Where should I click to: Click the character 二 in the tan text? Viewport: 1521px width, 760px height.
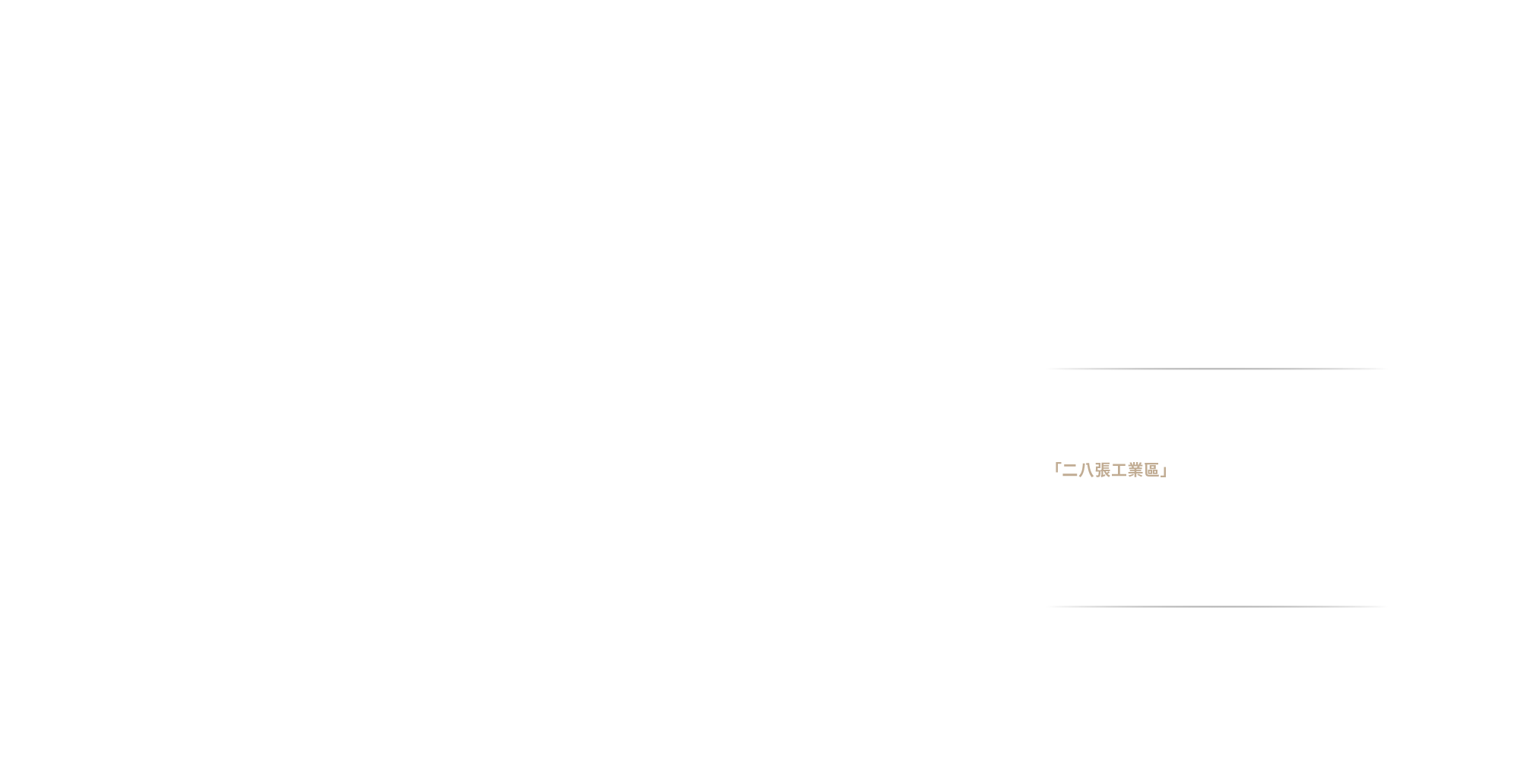click(1070, 470)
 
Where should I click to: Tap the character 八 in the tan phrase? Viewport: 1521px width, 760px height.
click(1086, 470)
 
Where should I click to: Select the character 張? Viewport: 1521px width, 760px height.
click(1103, 470)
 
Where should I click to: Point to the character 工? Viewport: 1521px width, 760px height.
click(1119, 470)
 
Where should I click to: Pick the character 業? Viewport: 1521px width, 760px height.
click(1135, 470)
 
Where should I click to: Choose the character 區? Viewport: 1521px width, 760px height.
click(1151, 470)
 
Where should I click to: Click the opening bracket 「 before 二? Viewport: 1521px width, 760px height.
click(1056, 467)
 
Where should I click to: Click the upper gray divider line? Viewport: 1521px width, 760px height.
click(1217, 369)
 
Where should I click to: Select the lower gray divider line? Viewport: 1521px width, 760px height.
click(1217, 606)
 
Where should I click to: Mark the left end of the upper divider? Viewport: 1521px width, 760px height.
click(1047, 369)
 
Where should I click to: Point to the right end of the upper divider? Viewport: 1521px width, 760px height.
click(1386, 369)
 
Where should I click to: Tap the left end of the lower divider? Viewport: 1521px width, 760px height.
click(1047, 606)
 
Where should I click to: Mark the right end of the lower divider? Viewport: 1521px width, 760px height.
click(1386, 606)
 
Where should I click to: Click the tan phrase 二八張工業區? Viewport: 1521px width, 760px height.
click(1110, 470)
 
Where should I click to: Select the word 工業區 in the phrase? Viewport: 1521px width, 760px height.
click(1135, 470)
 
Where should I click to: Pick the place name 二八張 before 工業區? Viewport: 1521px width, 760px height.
click(1087, 470)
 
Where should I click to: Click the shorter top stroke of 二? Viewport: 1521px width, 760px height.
click(1070, 466)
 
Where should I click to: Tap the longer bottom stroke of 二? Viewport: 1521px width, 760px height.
click(1070, 476)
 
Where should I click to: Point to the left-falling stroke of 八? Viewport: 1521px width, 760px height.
click(1082, 471)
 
